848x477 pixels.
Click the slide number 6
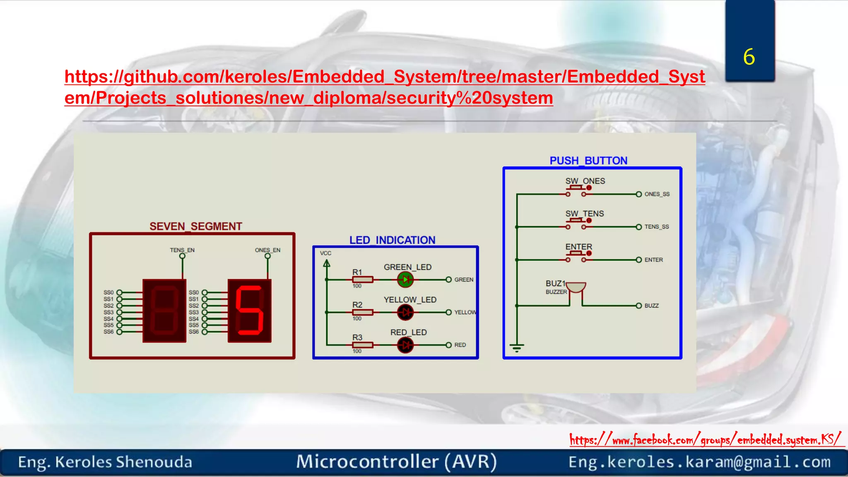pyautogui.click(x=749, y=57)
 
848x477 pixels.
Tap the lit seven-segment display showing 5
pyautogui.click(x=250, y=311)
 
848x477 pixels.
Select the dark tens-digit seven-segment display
pyautogui.click(x=164, y=311)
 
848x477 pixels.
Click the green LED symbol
pyautogui.click(x=405, y=280)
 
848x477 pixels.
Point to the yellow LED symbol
pyautogui.click(x=405, y=312)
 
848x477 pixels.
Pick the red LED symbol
pyautogui.click(x=405, y=345)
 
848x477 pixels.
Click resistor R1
pyautogui.click(x=363, y=280)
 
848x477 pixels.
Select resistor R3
pyautogui.click(x=363, y=345)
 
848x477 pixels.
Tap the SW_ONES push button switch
pyautogui.click(x=576, y=191)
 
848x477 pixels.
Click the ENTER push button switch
pyautogui.click(x=576, y=257)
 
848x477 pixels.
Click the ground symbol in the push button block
pyautogui.click(x=517, y=347)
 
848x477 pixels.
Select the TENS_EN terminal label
pyautogui.click(x=182, y=250)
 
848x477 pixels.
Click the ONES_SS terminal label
pyautogui.click(x=657, y=194)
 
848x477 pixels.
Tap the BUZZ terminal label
pyautogui.click(x=651, y=306)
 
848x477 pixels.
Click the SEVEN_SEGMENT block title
pyautogui.click(x=195, y=226)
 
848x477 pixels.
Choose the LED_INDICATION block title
pyautogui.click(x=392, y=240)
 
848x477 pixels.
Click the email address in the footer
pyautogui.click(x=699, y=462)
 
